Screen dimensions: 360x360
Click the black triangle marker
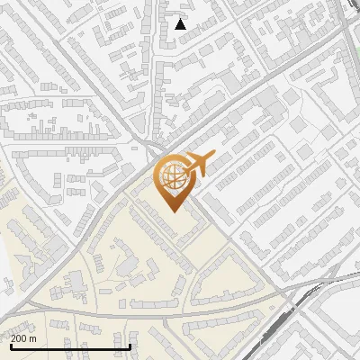181,24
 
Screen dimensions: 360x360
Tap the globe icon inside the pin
171,176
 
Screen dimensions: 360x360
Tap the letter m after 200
33,338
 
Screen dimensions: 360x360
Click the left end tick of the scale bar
10,346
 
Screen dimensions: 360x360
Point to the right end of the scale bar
131,346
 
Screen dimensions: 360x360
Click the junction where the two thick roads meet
155,149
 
